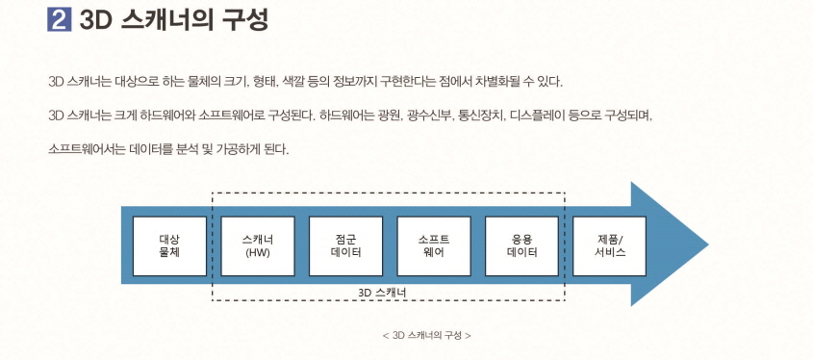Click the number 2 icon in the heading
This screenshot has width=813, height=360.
point(60,20)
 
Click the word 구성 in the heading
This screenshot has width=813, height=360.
point(241,20)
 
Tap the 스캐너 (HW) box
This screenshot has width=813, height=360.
point(257,244)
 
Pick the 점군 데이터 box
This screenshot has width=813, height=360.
point(345,244)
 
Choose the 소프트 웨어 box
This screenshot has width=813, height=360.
point(433,244)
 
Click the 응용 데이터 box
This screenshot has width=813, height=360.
point(521,244)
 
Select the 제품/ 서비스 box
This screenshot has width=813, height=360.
point(610,244)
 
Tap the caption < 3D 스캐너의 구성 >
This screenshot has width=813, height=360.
point(426,335)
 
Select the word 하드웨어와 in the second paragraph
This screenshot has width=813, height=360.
point(165,116)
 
